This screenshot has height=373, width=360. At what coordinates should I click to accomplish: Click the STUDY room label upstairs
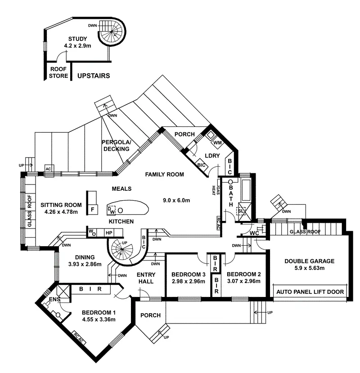click(77, 39)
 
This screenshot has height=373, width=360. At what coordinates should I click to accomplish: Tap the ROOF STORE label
click(58, 72)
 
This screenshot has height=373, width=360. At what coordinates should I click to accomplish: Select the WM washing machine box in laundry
click(217, 143)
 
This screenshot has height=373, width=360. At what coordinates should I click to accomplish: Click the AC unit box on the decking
click(48, 169)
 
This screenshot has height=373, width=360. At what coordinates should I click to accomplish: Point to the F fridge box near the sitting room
click(93, 210)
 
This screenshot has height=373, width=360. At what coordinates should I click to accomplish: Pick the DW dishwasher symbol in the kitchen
click(111, 210)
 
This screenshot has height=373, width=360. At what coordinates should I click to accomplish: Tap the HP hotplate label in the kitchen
click(109, 233)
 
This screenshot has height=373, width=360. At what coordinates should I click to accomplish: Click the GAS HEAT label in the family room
click(216, 190)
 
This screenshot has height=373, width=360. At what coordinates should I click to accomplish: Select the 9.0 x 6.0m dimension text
click(176, 200)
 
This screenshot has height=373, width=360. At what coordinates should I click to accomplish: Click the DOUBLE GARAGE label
click(309, 261)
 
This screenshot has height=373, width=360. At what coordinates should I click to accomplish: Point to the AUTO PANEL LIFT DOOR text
click(310, 292)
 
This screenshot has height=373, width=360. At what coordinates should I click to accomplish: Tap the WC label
click(254, 234)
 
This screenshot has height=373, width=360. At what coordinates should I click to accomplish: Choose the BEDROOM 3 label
click(189, 274)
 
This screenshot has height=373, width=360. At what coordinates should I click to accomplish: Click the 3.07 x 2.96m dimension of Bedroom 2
click(243, 281)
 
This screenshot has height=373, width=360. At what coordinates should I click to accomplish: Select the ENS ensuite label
click(54, 299)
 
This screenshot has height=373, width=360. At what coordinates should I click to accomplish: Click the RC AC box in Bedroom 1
click(78, 338)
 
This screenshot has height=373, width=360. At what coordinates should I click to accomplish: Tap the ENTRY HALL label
click(146, 278)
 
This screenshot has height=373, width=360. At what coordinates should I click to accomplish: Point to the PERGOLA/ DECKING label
click(117, 146)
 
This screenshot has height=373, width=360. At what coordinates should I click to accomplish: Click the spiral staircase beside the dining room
click(122, 249)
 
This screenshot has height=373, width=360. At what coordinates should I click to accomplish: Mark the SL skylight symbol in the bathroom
click(241, 211)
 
